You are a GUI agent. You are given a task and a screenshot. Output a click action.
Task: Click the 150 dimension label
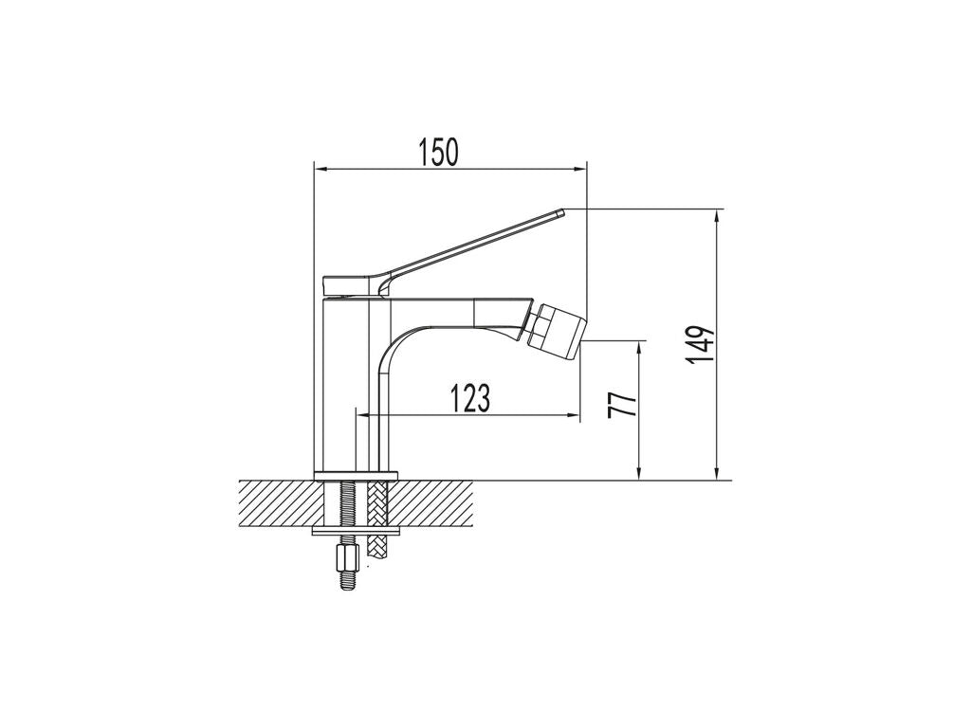point(439,153)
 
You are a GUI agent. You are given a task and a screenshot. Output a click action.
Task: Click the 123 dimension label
point(469,398)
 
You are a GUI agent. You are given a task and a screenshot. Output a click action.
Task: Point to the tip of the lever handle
point(562,211)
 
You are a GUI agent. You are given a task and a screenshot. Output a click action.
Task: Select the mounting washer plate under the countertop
point(357,531)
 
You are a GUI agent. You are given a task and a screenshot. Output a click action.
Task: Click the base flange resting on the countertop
point(355,476)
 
